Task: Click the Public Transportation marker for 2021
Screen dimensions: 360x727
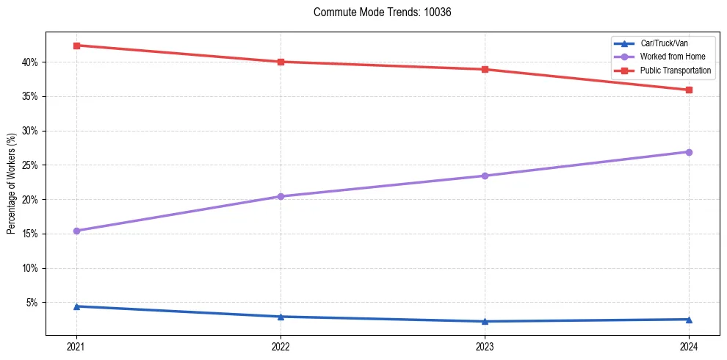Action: [76, 46]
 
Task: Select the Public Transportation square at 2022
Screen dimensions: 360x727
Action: [281, 62]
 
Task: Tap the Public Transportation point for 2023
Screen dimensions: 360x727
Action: [485, 70]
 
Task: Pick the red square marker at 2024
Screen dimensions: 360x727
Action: [689, 90]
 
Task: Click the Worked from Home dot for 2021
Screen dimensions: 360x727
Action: [76, 231]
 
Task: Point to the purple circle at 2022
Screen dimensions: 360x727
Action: [281, 196]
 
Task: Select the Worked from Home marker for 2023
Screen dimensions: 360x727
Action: [485, 176]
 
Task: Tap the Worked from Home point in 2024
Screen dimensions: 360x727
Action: [689, 152]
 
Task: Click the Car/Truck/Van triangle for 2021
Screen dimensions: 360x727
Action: [76, 306]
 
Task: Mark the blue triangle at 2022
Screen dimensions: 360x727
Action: [281, 317]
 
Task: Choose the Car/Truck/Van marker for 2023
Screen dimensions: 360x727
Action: [485, 321]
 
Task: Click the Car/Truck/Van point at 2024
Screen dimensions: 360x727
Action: [689, 319]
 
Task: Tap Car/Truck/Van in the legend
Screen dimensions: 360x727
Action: [664, 43]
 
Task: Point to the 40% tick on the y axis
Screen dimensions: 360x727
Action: [31, 62]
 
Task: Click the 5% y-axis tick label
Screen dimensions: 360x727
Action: [33, 303]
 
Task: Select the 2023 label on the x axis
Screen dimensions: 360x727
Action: [485, 346]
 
